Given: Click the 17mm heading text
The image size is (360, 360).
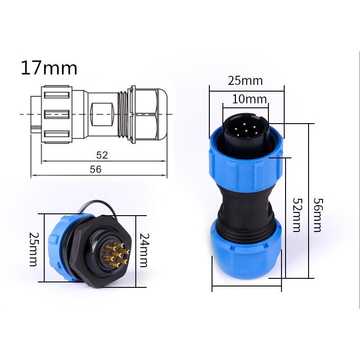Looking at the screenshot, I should (49, 68).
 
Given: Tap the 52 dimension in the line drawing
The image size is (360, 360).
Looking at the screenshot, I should (102, 155).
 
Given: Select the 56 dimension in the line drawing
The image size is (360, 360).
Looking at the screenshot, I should (96, 170).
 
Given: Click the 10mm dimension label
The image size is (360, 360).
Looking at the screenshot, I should (249, 99).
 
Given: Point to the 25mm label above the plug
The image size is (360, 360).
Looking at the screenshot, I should (245, 81).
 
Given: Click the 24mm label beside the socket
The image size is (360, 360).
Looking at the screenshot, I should (143, 250).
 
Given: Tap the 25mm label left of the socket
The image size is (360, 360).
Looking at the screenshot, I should (33, 249).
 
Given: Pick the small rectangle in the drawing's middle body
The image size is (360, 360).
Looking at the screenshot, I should (101, 115).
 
